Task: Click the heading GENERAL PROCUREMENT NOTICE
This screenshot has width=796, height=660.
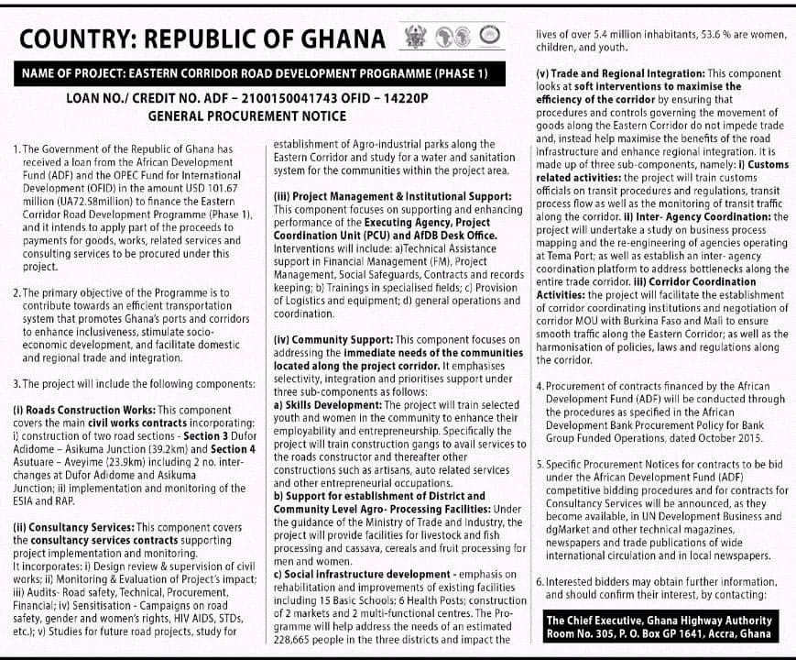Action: pyautogui.click(x=247, y=115)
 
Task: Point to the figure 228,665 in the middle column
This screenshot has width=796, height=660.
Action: pyautogui.click(x=295, y=640)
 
